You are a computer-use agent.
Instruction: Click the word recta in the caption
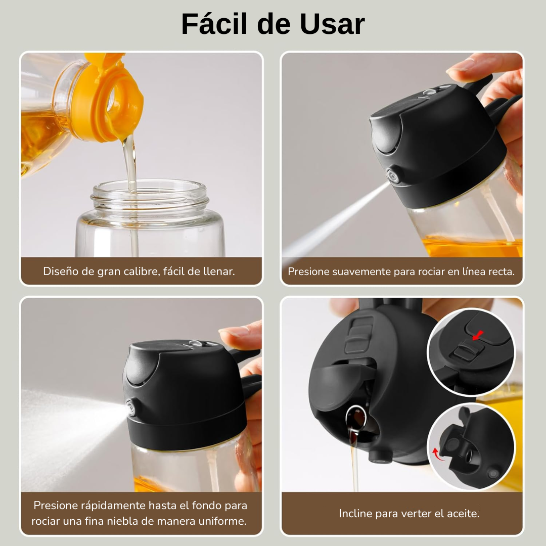pos(500,271)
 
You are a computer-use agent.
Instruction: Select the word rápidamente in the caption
pos(112,506)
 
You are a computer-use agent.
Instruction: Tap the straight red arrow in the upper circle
pos(477,335)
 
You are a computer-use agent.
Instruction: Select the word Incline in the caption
pos(355,514)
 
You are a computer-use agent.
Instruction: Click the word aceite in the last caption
pos(462,514)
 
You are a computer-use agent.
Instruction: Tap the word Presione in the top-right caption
pos(308,271)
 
